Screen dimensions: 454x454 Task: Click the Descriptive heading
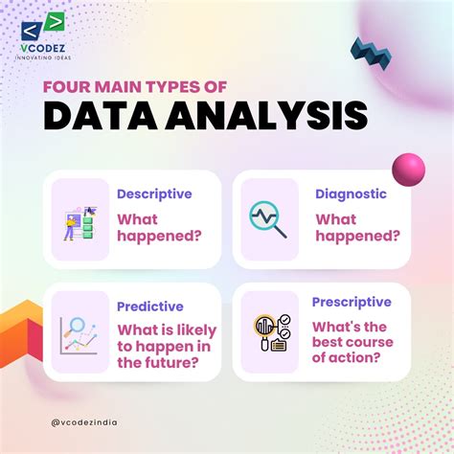153,193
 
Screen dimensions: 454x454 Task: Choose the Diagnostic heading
351,193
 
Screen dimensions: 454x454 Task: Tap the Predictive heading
150,306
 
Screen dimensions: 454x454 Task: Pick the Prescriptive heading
352,302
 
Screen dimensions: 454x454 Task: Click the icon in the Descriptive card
80,220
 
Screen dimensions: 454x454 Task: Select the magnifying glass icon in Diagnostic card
267,219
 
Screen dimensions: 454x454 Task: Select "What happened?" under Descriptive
159,229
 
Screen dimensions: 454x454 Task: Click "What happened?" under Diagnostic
357,229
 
